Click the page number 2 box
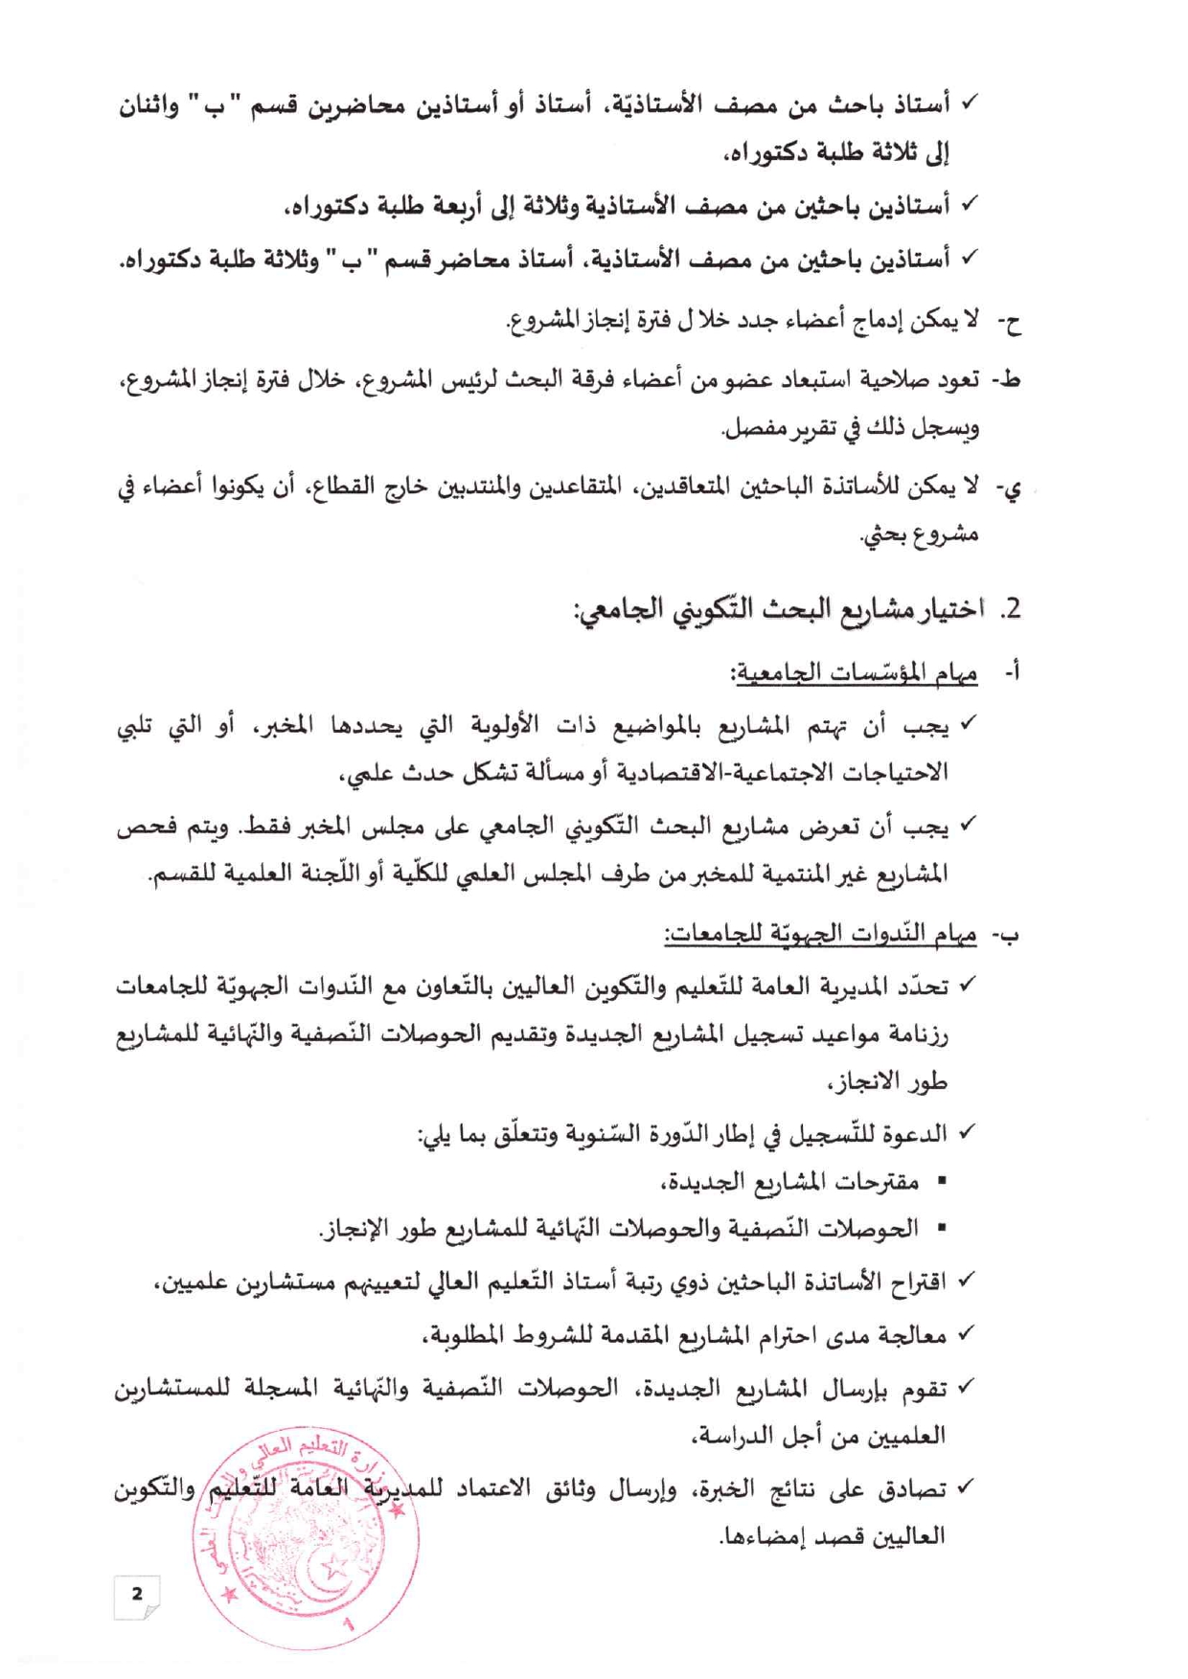[x=136, y=1595]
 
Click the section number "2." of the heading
[x=1010, y=609]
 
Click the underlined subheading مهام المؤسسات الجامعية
[x=854, y=673]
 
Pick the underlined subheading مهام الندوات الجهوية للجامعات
[x=821, y=934]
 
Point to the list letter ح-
[x=1009, y=323]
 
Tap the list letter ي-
[x=1008, y=488]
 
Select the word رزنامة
[x=914, y=1035]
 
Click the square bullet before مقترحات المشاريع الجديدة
[x=941, y=1183]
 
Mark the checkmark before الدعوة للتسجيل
[x=966, y=1133]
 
